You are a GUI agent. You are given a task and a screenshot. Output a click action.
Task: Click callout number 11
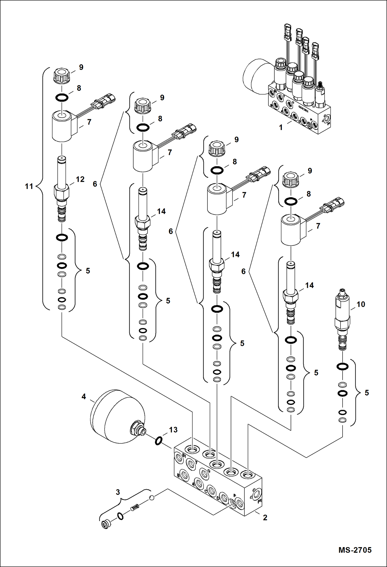point(29,186)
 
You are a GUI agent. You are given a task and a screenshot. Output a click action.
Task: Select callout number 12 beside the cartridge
point(80,179)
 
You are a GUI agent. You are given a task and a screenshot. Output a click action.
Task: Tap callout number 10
point(361,304)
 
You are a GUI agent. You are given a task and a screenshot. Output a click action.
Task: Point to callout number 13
point(173,430)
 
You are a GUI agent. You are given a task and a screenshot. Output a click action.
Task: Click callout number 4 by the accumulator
point(84,396)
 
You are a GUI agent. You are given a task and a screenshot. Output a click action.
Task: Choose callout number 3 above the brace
point(118,492)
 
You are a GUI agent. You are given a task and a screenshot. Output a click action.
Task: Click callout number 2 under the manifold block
point(265,517)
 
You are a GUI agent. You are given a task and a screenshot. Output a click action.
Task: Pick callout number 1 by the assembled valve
point(281,127)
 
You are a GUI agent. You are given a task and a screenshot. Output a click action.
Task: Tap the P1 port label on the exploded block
point(260,501)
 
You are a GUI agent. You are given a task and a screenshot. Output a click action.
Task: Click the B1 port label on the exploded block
point(184,456)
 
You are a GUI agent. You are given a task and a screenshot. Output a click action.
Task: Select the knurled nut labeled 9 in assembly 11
point(62,76)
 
